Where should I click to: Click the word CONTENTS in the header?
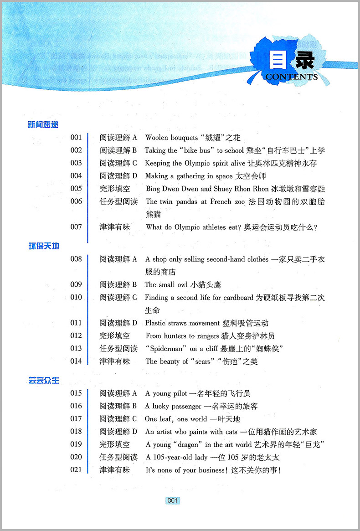tap(291, 77)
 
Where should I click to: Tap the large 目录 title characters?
tap(292, 59)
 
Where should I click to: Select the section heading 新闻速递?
tap(44, 124)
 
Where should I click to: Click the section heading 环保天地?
tap(44, 247)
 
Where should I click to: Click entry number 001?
tap(76, 137)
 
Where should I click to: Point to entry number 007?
tap(76, 227)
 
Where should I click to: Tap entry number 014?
tap(76, 361)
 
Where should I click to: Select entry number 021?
tap(76, 470)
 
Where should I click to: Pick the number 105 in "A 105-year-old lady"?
tap(157, 457)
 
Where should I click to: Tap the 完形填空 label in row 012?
tap(115, 336)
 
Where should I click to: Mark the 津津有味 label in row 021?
tap(115, 470)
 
